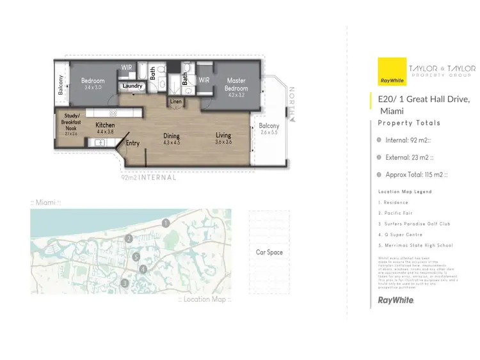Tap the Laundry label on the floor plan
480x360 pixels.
(132, 86)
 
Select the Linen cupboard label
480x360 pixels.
(176, 102)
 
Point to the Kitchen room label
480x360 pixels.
(105, 125)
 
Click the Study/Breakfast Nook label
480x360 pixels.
(70, 121)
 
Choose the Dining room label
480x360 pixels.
(172, 136)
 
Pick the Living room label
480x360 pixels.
(223, 135)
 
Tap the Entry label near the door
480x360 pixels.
(132, 143)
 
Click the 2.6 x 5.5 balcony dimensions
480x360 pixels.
(269, 133)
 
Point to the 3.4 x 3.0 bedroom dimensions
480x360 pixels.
(92, 88)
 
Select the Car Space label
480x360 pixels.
(269, 252)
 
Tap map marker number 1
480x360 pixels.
(166, 223)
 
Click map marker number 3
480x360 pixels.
(125, 283)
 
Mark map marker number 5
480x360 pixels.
(136, 257)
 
